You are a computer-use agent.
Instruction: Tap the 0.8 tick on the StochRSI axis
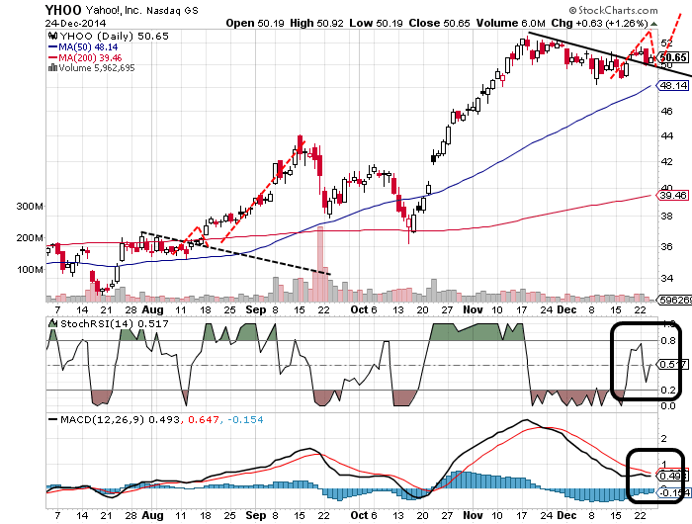[668, 341]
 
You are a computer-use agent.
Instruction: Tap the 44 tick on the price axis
[666, 138]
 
